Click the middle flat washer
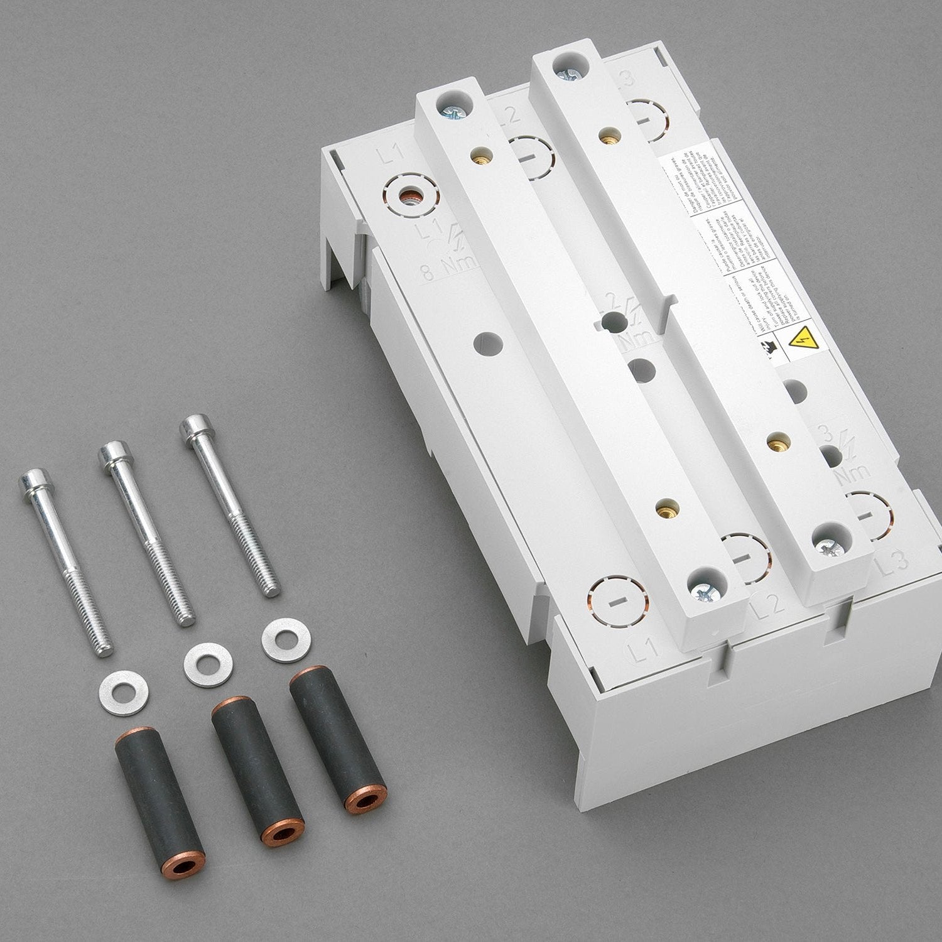coord(207,662)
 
